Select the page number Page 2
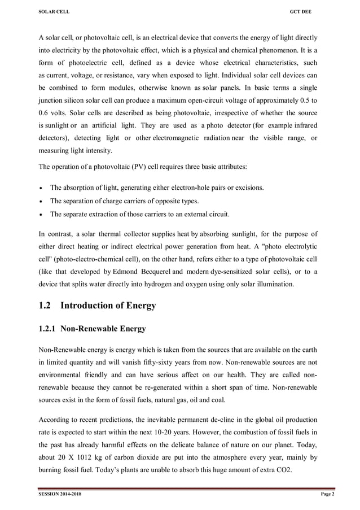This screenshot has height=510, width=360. (x=328, y=495)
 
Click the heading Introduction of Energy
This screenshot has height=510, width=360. (x=108, y=306)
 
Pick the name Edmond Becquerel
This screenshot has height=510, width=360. (x=141, y=272)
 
